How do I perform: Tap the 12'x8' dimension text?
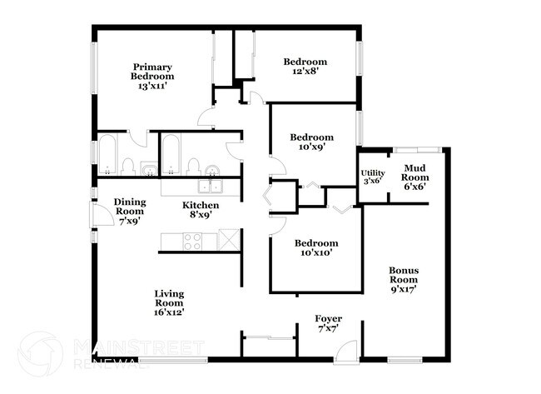[x=305, y=72]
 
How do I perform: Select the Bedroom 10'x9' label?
[x=311, y=142]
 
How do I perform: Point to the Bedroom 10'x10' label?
[x=317, y=248]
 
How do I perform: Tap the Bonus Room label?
[x=403, y=280]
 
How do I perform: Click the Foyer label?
[x=328, y=324]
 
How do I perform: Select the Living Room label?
[x=169, y=302]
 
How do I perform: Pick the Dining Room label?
[x=130, y=212]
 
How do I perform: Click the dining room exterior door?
[x=100, y=215]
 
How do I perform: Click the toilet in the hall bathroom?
[x=193, y=166]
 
